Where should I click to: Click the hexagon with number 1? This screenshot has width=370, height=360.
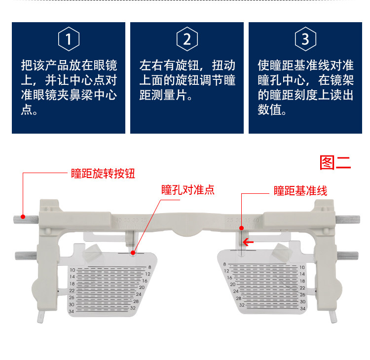pos(69,39)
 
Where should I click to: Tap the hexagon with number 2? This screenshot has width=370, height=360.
pos(187,39)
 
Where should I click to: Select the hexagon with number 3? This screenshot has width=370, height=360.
pos(305,39)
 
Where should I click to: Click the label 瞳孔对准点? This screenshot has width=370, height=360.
pos(188,190)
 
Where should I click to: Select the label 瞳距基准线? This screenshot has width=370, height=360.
pos(300,191)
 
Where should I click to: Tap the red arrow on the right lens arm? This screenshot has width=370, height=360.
pos(248,242)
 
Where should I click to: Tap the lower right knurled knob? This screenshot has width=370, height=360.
pos(348,255)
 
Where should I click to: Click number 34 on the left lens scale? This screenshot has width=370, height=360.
pos(72,311)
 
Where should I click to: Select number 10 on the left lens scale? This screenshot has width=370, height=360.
pos(72,270)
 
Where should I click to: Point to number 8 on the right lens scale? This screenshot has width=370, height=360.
pos(224,265)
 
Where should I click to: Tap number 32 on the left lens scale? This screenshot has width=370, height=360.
pos(133,308)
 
